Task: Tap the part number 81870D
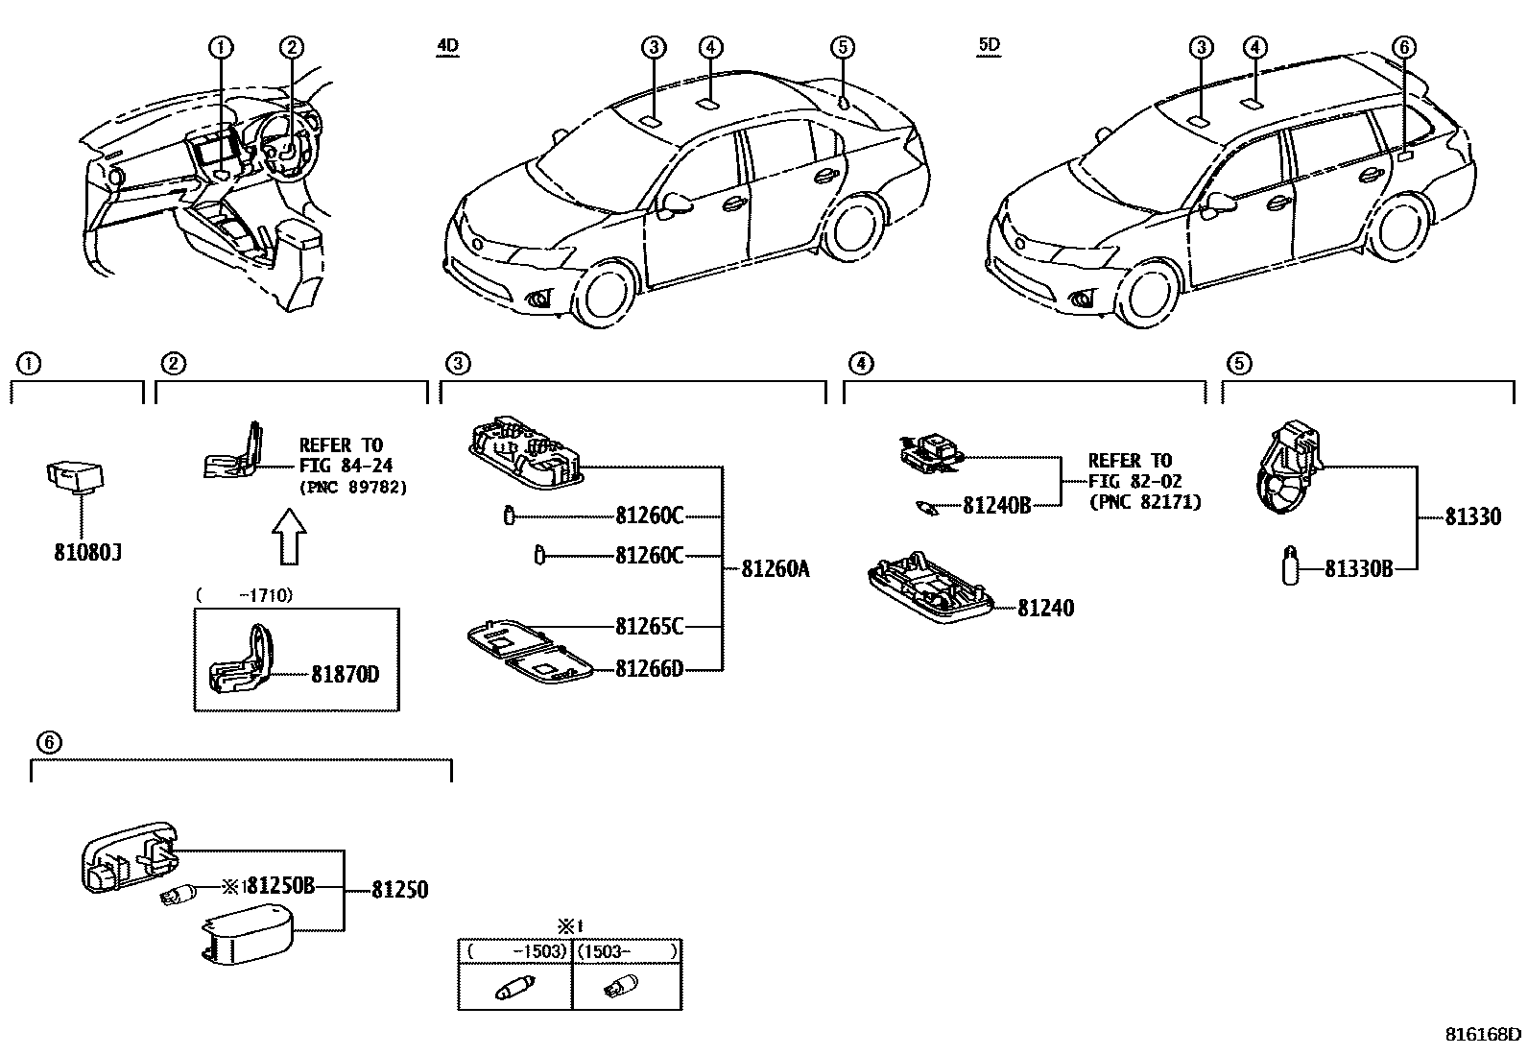tap(345, 675)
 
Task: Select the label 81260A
tap(775, 569)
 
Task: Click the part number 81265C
tap(649, 627)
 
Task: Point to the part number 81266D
tap(649, 669)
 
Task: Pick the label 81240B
tap(996, 505)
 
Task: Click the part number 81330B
tap(1358, 569)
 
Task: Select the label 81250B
tap(280, 886)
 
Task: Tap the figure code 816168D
tap(1484, 1034)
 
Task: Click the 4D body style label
tap(447, 45)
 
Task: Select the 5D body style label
tap(989, 45)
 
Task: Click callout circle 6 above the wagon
tap(1402, 46)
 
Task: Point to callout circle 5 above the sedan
tap(842, 46)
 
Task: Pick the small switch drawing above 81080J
tap(76, 476)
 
